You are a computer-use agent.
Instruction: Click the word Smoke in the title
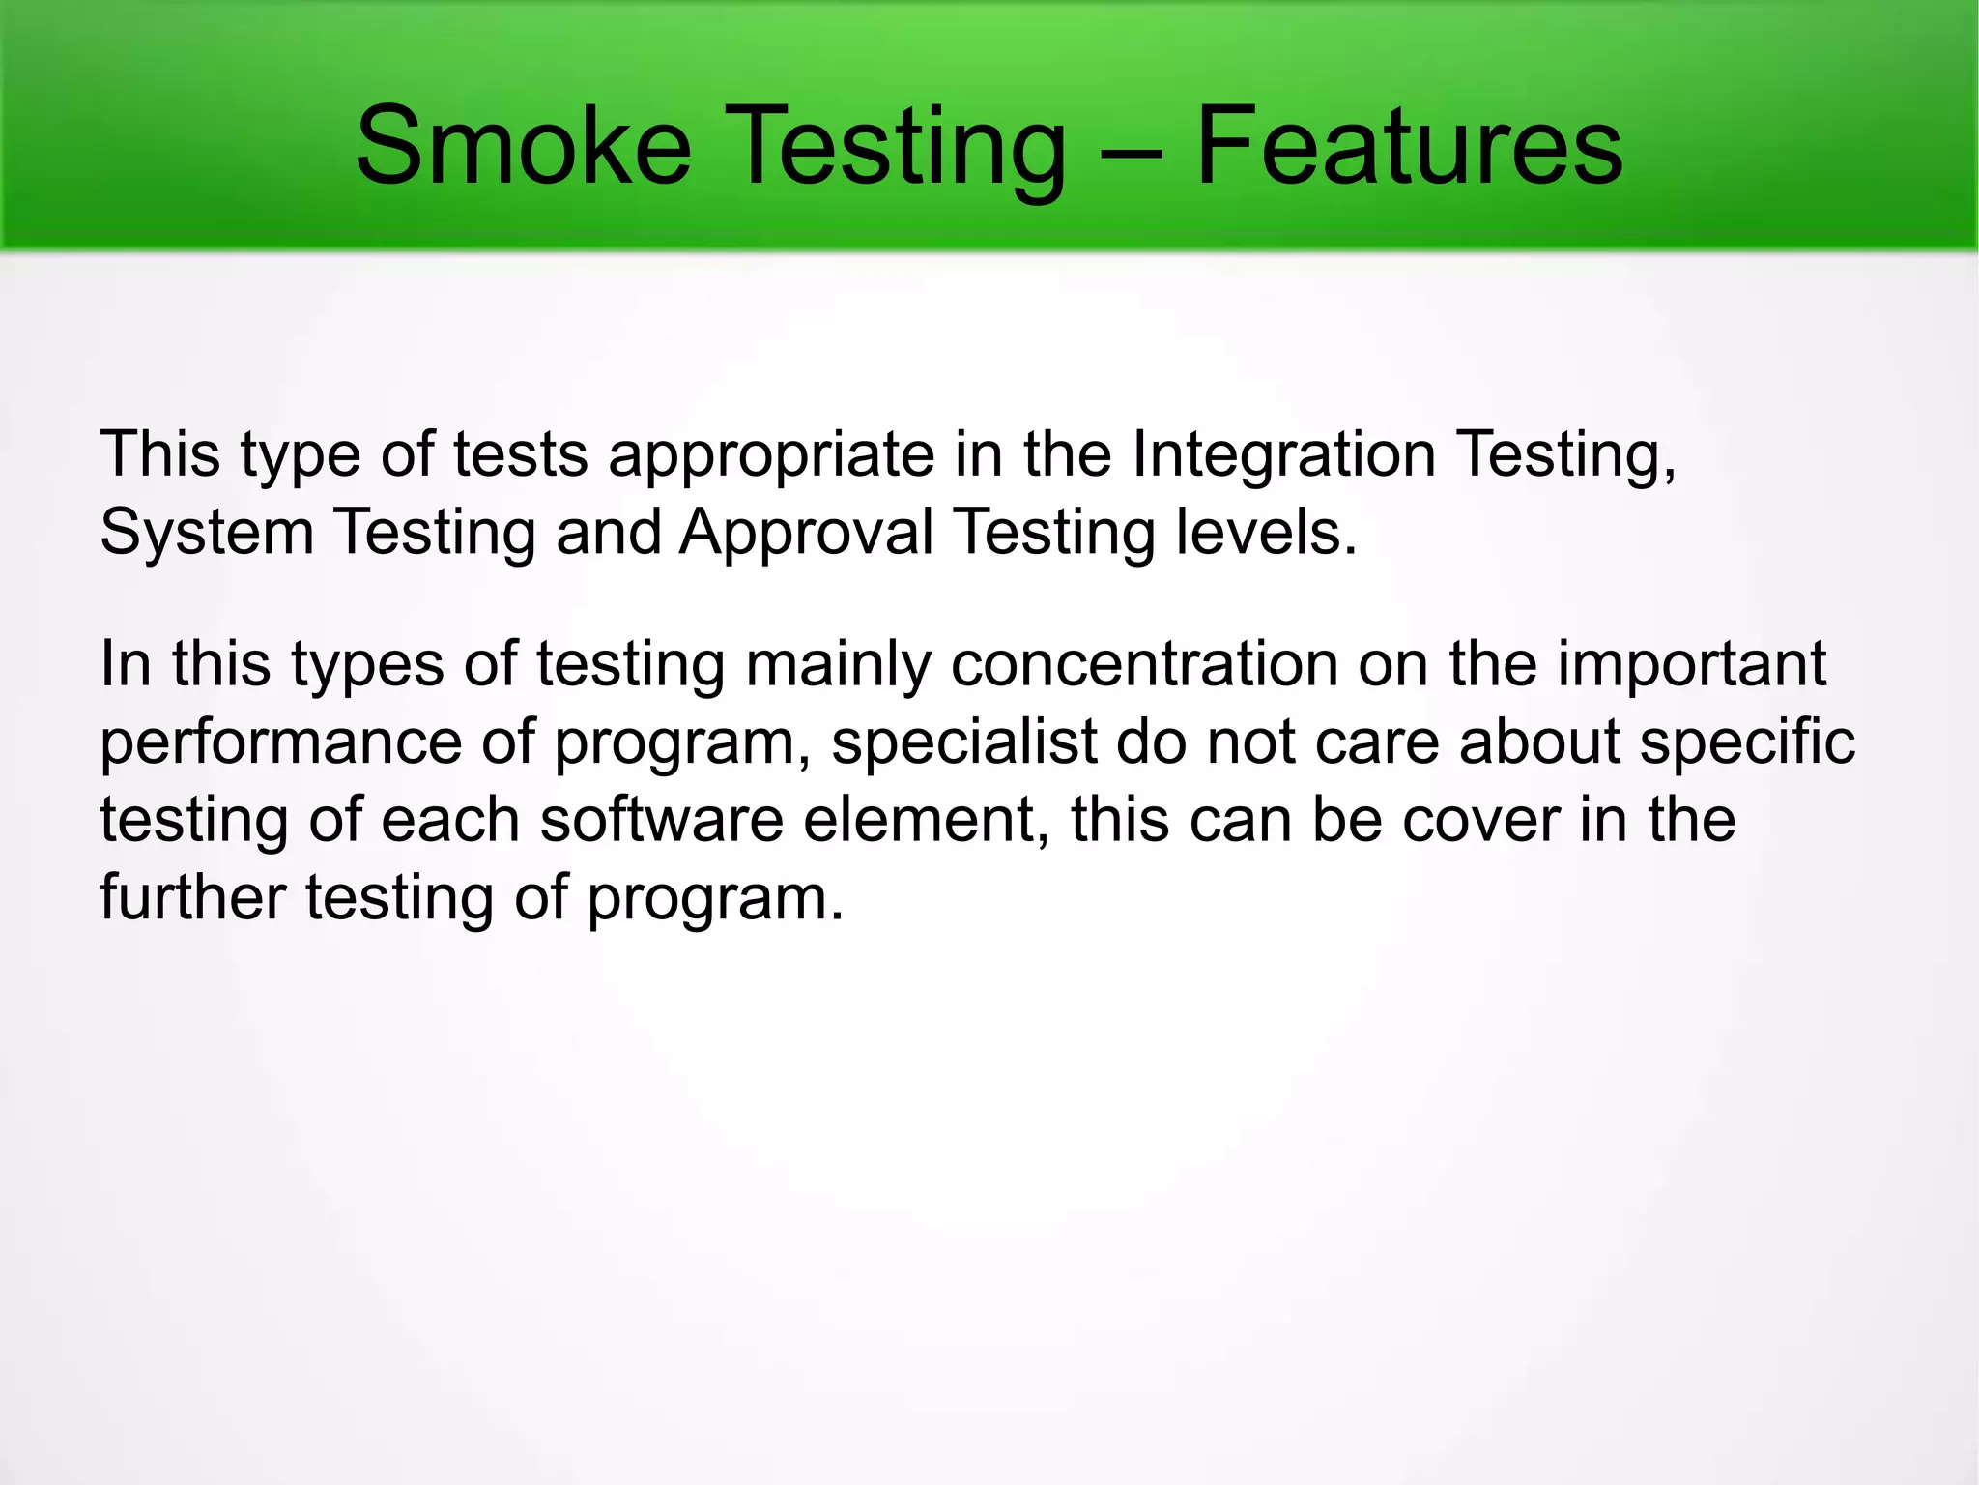pos(523,147)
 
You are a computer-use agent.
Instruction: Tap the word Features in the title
pos(1409,147)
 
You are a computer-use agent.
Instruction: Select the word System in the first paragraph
pos(207,534)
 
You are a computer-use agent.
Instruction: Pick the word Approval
pos(806,534)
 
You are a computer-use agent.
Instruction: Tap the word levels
pos(1266,532)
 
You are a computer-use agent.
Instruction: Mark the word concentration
pos(1145,664)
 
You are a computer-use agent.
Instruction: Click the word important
pos(1691,665)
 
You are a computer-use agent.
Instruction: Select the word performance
pos(281,742)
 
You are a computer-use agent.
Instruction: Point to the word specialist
pos(963,742)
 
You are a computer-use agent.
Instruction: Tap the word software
pos(662,820)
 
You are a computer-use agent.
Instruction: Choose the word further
pos(192,897)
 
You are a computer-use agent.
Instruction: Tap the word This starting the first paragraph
pos(160,454)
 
